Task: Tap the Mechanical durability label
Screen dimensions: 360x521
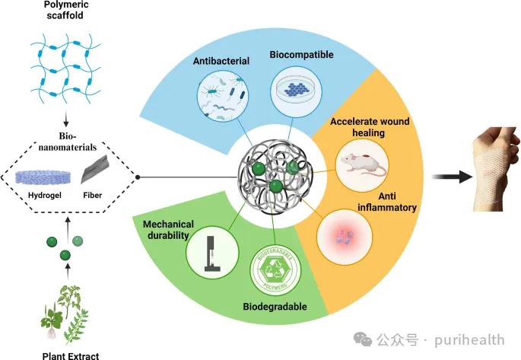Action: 168,230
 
